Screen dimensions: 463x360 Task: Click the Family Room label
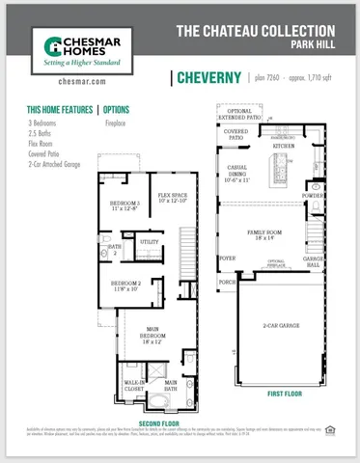[263, 234]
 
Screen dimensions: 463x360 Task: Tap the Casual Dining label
[240, 175]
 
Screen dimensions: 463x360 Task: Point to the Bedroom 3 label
[125, 205]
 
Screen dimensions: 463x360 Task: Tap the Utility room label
[150, 241]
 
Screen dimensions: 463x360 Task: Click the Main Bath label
[170, 387]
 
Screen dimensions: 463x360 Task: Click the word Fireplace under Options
[115, 123]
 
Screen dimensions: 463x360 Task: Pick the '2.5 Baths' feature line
[42, 132]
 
